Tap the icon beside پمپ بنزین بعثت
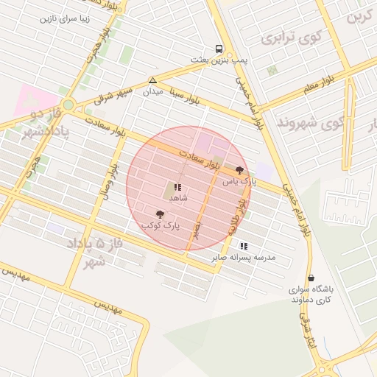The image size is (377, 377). pos(219,46)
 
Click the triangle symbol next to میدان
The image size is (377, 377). pos(152,80)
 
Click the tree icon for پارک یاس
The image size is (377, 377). pos(240,169)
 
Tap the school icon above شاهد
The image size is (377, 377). pos(178,187)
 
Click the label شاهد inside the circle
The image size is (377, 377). pos(178,198)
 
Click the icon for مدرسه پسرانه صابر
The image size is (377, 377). pos(244,246)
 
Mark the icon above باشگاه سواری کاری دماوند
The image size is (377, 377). pos(310,278)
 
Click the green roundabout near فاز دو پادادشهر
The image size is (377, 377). pos(68,105)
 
